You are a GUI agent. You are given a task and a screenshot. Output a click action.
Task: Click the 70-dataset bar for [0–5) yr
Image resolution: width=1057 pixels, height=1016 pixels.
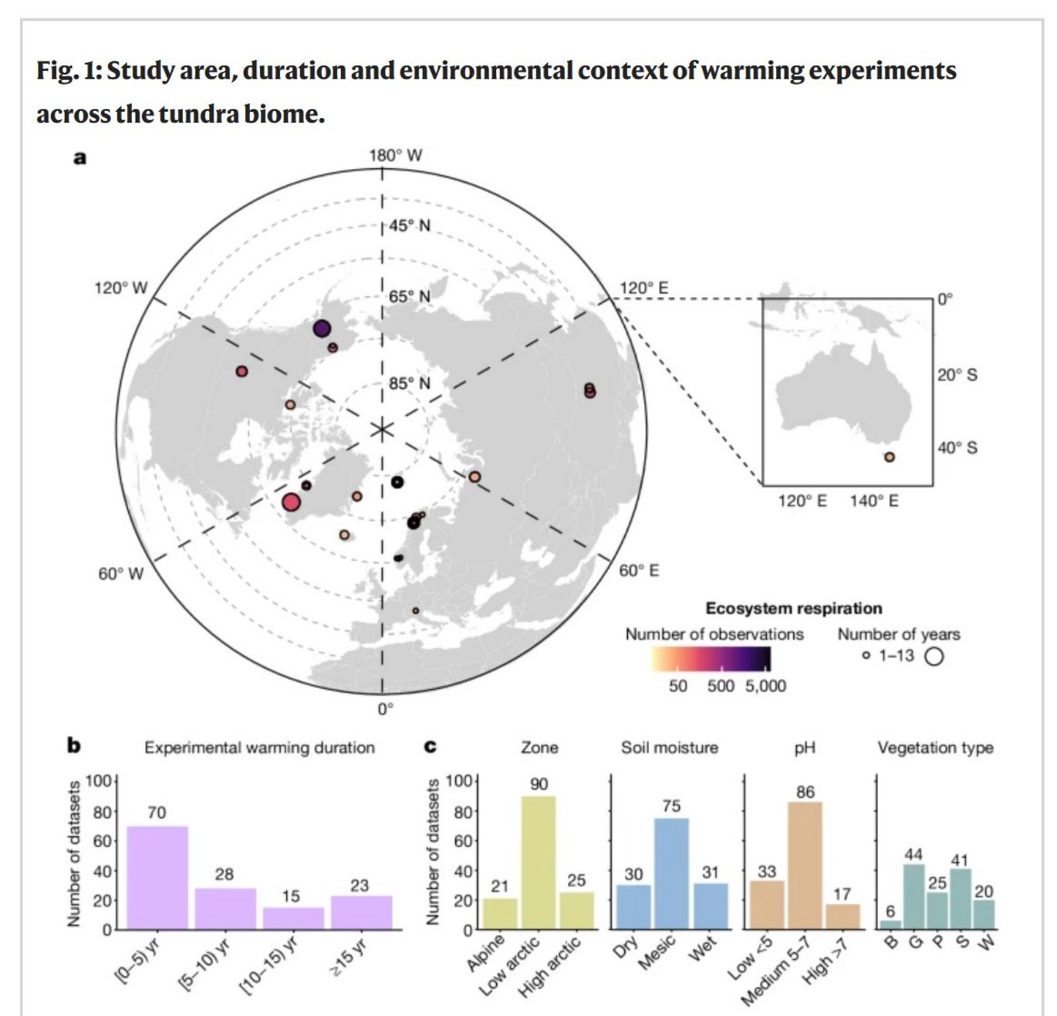pos(157,877)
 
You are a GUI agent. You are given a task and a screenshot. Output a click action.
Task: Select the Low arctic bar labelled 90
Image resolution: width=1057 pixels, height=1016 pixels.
pos(539,862)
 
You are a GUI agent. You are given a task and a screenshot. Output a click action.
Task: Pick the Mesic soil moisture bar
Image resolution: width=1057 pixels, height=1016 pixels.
pos(671,873)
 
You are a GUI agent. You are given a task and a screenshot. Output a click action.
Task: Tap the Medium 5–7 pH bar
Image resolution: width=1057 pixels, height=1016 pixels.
pos(805,866)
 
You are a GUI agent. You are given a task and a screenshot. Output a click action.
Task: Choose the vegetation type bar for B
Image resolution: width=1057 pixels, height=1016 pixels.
pos(890,924)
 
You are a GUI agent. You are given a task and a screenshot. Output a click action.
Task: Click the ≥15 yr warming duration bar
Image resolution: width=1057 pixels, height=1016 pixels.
pos(361,912)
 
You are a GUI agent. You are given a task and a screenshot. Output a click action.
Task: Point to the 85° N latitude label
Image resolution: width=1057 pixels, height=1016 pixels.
pos(409,383)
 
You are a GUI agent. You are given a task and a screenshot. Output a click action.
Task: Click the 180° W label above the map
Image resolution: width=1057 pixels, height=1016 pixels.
pos(396,155)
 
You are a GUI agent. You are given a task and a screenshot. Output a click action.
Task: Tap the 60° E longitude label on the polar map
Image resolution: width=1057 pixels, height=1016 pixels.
pos(639,571)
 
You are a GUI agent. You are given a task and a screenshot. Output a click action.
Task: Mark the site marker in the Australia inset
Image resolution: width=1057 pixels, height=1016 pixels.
pos(890,457)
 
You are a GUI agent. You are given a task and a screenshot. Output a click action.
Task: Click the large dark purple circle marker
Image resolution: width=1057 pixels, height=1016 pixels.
pos(322,329)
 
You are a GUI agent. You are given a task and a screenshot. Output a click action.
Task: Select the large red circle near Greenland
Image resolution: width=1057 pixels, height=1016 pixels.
pos(291,503)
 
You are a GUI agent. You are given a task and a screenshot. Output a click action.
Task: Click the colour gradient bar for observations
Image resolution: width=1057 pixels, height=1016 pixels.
pos(711,659)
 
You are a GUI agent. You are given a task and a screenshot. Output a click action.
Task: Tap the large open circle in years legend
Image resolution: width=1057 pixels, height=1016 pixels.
pos(934,657)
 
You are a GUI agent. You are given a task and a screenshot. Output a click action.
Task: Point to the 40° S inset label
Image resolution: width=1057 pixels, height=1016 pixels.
pos(957,448)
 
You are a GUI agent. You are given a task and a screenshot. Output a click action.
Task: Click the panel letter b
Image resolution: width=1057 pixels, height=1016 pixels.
pos(74,746)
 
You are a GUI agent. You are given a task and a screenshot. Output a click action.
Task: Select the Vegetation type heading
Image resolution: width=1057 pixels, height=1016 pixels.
pos(935,748)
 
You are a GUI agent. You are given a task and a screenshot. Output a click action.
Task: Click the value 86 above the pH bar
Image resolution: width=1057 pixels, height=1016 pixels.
pos(805,792)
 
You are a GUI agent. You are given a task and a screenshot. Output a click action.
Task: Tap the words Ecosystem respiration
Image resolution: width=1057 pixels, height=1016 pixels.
pos(793,609)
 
